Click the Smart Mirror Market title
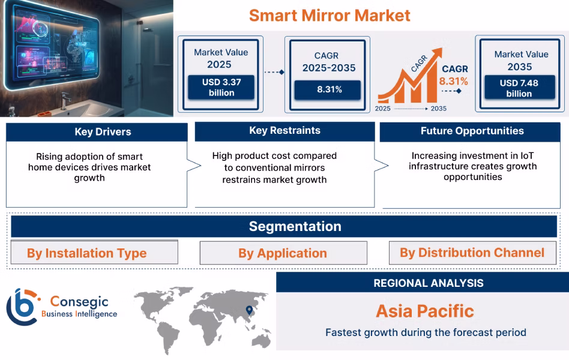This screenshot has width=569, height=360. point(330,15)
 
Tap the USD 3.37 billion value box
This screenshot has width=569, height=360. point(221,87)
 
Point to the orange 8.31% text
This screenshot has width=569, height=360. point(453,81)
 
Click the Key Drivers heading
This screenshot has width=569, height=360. point(103,131)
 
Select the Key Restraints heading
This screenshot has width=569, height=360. point(284,131)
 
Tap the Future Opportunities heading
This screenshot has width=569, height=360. point(472,131)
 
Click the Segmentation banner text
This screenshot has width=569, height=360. point(295,226)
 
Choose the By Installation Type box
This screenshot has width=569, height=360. point(94,253)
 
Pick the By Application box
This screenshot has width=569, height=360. point(283,253)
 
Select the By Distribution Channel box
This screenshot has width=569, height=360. point(472,253)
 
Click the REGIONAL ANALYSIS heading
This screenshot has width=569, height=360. point(429,283)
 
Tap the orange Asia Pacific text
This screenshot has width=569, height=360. point(425,311)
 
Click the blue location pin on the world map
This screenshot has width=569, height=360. point(248,310)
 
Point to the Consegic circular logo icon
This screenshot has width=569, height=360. point(22,307)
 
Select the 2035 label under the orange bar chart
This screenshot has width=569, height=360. point(438,109)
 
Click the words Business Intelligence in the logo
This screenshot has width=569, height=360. point(79,314)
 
